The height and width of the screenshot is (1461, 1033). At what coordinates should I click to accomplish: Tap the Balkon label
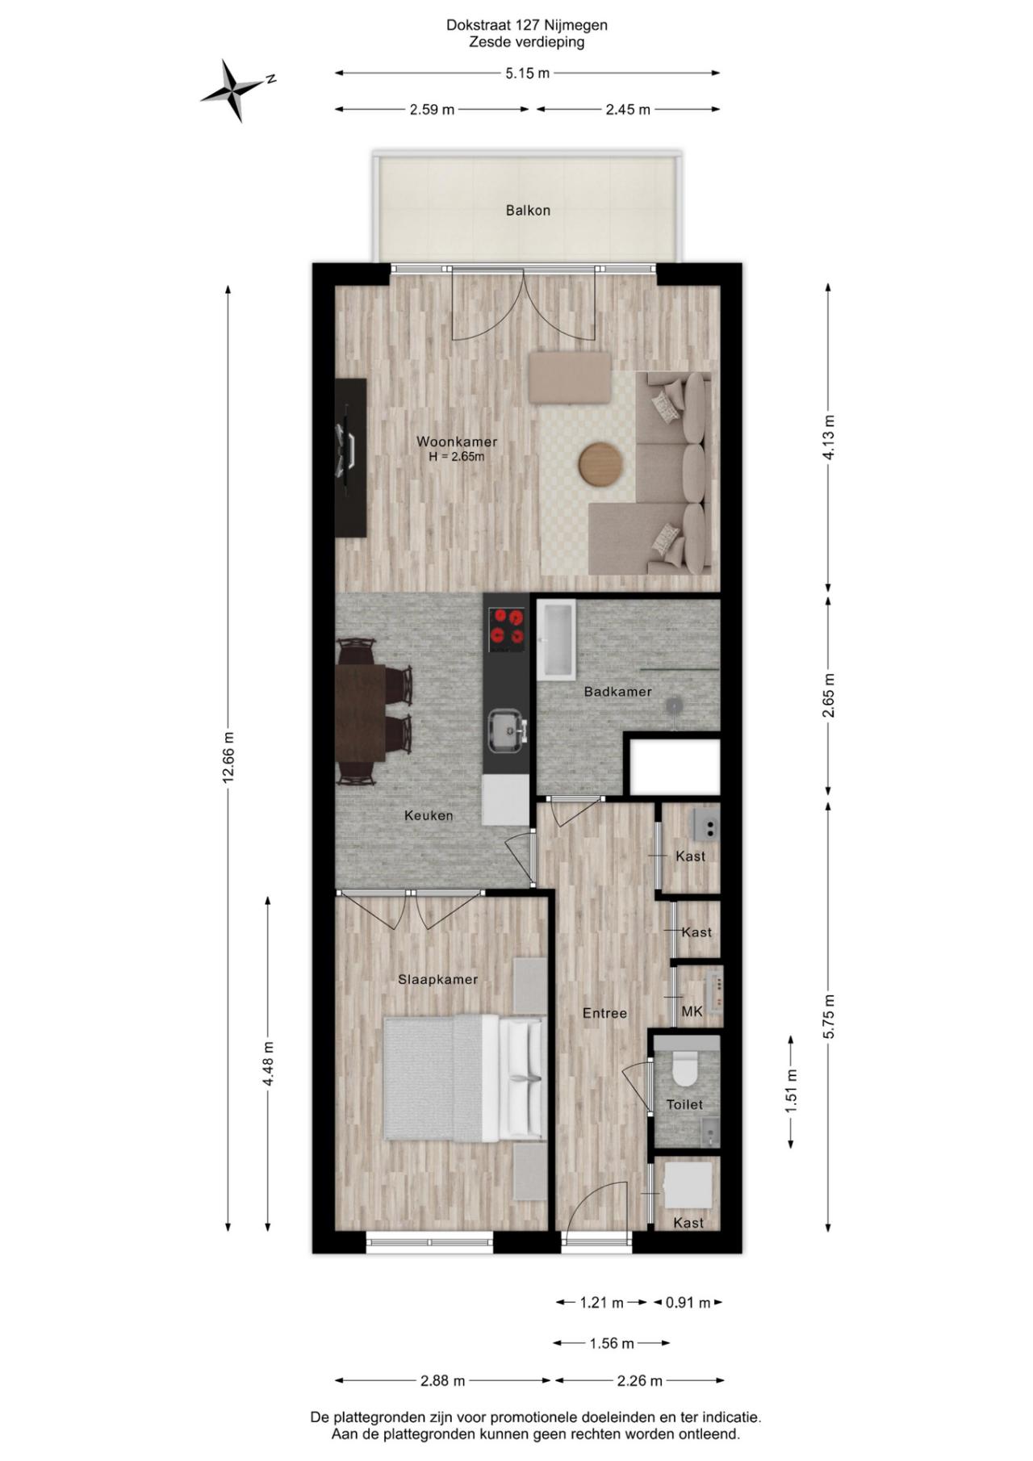click(x=528, y=211)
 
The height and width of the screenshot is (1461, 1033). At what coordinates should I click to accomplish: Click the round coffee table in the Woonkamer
click(x=600, y=464)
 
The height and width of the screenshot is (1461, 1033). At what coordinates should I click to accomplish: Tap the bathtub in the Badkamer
click(x=556, y=638)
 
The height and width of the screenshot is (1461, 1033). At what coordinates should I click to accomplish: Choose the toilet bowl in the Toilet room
click(x=686, y=1067)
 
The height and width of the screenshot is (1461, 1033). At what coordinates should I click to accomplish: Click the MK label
click(x=692, y=1011)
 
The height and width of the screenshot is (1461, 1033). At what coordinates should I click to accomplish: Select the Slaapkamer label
click(x=437, y=980)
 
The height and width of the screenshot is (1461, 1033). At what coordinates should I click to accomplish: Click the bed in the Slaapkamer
click(x=465, y=1078)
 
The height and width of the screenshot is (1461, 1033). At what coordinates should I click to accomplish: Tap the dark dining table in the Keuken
click(x=360, y=712)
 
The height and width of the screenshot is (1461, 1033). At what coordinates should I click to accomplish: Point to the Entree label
click(x=604, y=1014)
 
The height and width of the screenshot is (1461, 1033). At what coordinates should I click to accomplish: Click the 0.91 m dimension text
click(x=688, y=1302)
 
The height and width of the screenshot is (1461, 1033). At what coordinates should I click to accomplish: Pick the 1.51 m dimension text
click(x=792, y=1091)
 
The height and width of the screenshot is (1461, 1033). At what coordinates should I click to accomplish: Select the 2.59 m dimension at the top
click(x=432, y=110)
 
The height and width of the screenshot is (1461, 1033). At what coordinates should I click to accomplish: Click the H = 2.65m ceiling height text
click(x=457, y=457)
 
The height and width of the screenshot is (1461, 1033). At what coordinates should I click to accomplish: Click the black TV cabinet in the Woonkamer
click(x=351, y=458)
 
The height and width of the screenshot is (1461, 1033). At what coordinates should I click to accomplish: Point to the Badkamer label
click(x=617, y=692)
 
